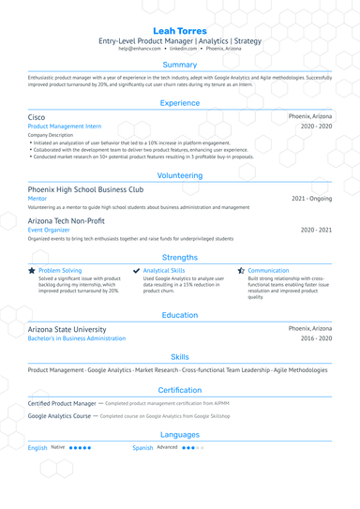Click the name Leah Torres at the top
pyautogui.click(x=180, y=30)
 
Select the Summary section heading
pyautogui.click(x=180, y=65)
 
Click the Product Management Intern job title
pyautogui.click(x=65, y=126)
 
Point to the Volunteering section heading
pyautogui.click(x=180, y=174)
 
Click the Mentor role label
pyautogui.click(x=37, y=199)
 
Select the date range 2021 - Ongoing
pyautogui.click(x=311, y=199)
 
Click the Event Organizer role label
pyautogui.click(x=49, y=230)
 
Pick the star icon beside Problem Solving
pyautogui.click(x=32, y=270)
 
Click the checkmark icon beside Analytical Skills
pyautogui.click(x=137, y=270)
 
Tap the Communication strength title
pyautogui.click(x=268, y=270)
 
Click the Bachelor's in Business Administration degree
pyautogui.click(x=77, y=338)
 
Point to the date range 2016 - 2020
pyautogui.click(x=316, y=338)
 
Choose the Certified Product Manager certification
pyautogui.click(x=62, y=402)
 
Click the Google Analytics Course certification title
pyautogui.click(x=60, y=415)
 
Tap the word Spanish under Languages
pyautogui.click(x=142, y=448)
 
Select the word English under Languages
pyautogui.click(x=37, y=448)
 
